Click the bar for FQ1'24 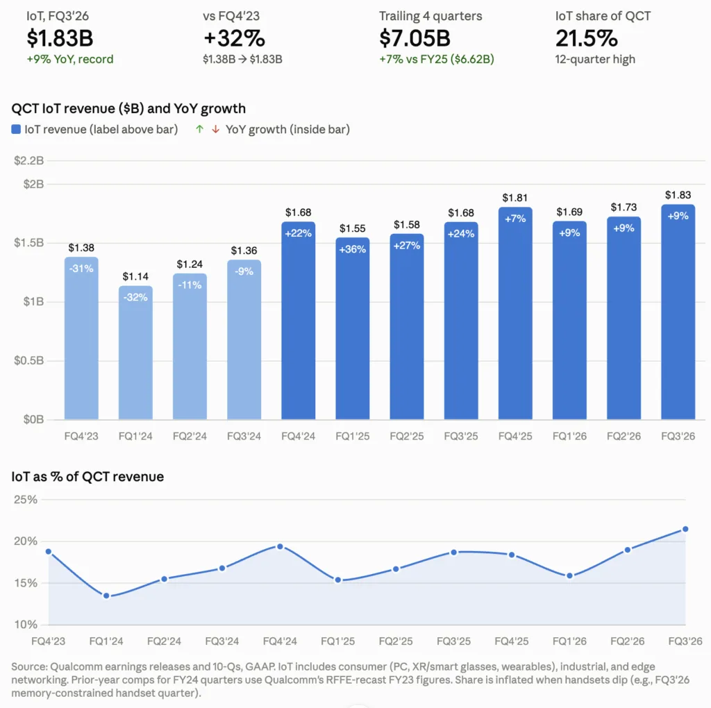pos(135,353)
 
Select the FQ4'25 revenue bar pos(515,313)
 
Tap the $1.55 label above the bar pos(352,228)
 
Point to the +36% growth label pos(352,249)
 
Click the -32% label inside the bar pos(135,297)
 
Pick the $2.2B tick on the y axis pos(29,160)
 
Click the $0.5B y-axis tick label pos(29,360)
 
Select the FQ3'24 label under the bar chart pos(244,436)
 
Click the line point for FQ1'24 pos(106,596)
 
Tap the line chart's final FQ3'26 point pos(685,529)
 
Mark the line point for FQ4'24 pos(280,547)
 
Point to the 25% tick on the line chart pos(26,500)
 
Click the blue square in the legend pos(16,129)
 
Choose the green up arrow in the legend pos(199,129)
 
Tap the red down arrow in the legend pos(216,129)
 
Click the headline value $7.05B pos(415,38)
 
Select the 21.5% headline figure pos(586,38)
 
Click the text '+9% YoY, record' pos(70,60)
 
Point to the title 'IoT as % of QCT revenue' pos(87,477)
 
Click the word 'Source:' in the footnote pos(29,667)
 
